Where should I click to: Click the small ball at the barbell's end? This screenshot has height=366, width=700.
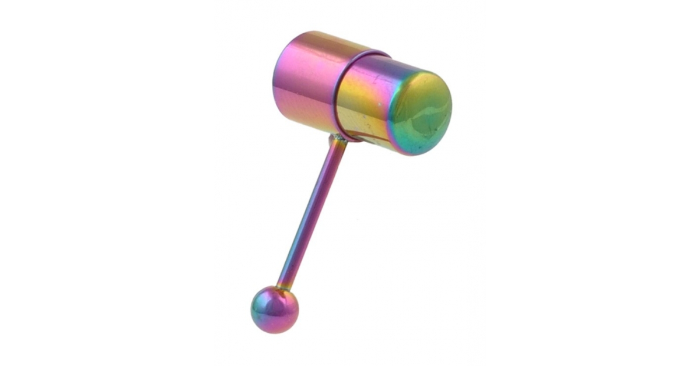274,309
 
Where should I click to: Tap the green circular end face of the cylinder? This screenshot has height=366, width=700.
421,114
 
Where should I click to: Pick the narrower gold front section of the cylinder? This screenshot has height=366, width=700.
367,105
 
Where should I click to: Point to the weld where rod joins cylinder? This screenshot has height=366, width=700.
337,138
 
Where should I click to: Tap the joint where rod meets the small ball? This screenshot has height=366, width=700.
284,287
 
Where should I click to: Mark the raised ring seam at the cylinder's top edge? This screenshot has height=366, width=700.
373,54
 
